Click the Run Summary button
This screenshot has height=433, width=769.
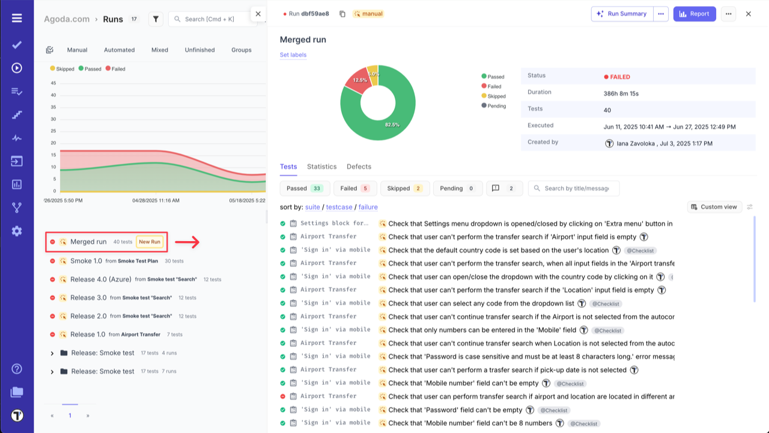coord(621,14)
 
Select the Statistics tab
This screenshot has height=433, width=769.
coord(321,167)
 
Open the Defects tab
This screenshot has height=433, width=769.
coord(359,167)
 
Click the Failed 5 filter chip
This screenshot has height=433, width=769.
coord(355,188)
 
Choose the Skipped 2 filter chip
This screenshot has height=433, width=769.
coord(405,188)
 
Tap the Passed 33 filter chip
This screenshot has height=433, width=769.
coord(304,188)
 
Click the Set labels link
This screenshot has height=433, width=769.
coord(293,55)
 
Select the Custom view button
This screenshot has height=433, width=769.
coord(714,207)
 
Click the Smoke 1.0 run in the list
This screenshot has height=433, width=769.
coord(86,261)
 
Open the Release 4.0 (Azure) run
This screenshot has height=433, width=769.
coord(100,280)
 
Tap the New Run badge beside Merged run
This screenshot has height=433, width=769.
coord(150,242)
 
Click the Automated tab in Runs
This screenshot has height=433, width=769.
coord(119,50)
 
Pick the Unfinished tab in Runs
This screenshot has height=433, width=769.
coord(199,50)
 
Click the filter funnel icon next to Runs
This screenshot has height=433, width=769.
coord(156,19)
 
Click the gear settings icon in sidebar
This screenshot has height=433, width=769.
coord(17,231)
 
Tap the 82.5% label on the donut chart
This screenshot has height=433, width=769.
coord(392,124)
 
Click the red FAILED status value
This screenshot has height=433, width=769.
coord(620,77)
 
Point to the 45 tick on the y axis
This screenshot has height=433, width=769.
coord(53,83)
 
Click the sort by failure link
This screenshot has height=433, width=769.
coord(368,207)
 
